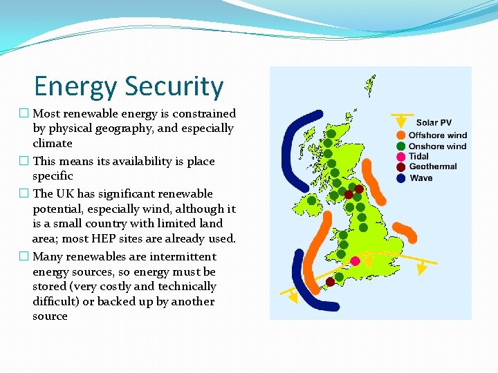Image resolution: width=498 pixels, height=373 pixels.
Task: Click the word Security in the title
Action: coord(176,88)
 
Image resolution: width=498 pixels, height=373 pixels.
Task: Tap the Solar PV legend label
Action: coord(434,123)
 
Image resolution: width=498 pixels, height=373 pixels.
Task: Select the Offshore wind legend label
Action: coord(437,135)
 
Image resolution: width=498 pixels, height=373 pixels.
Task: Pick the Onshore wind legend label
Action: coord(437,146)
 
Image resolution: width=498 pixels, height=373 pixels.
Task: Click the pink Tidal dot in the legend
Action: coord(401,157)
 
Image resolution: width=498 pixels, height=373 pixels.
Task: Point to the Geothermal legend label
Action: coord(433,166)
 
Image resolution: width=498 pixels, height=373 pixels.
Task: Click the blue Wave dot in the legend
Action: coord(401,178)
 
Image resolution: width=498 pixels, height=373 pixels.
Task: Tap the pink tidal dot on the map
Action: coord(355,261)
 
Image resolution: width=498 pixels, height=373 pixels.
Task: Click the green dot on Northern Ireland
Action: coord(312,201)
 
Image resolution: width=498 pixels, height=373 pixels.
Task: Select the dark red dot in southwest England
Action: coord(331,282)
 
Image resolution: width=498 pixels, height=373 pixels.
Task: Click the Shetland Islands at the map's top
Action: coord(370,86)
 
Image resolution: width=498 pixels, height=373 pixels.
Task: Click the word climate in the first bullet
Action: coord(53,144)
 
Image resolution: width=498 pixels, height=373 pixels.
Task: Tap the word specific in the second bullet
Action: coord(53,176)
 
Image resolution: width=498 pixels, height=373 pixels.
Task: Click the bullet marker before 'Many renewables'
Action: coord(24,257)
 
